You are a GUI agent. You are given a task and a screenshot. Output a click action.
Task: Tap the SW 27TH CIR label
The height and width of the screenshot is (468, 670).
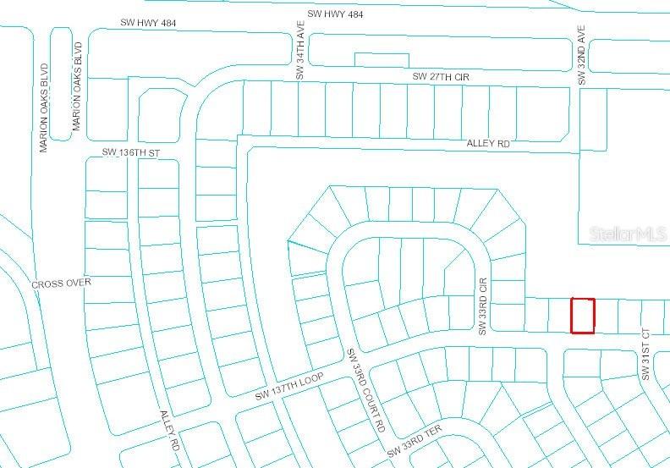pos(440,77)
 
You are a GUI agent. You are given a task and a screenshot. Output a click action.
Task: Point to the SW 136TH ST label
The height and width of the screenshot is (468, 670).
pos(130,152)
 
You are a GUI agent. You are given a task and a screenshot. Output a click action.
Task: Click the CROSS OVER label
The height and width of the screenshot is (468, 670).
pos(61,283)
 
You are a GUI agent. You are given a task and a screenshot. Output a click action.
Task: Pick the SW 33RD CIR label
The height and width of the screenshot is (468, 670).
pos(485,305)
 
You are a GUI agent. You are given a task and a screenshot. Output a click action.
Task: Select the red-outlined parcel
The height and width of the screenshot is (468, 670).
pos(583,315)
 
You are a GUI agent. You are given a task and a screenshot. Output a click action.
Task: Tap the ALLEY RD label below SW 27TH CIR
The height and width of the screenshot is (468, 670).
pos(488,144)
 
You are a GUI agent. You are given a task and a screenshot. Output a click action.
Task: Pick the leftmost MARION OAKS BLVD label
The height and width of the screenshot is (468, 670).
pos(45,107)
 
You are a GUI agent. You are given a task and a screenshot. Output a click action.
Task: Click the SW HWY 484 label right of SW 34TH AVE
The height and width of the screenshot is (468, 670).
pos(335,14)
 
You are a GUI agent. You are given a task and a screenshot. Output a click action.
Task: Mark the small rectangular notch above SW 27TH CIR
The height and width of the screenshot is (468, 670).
pos(370,59)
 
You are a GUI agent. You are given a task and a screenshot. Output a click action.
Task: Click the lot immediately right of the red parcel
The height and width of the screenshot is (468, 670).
pos(606,316)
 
